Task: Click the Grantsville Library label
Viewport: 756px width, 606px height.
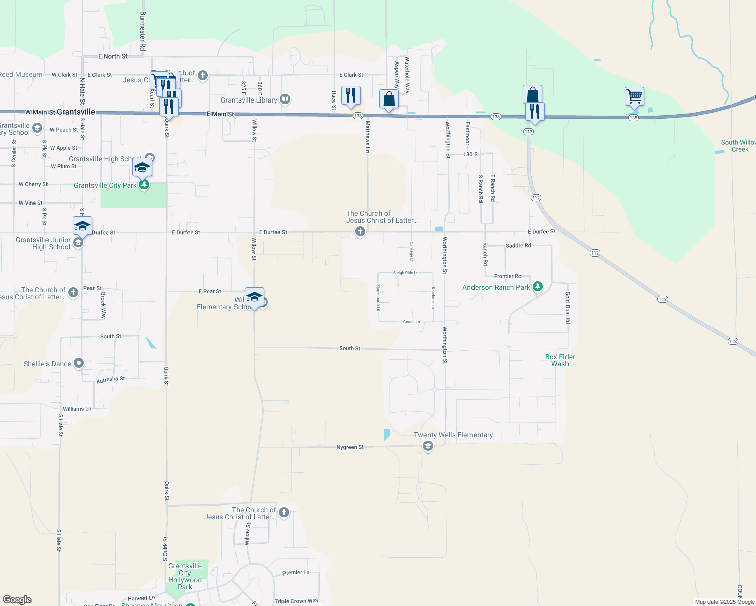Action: (x=249, y=100)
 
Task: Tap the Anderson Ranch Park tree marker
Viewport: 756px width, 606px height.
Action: (x=538, y=287)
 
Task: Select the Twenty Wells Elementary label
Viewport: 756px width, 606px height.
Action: (x=453, y=435)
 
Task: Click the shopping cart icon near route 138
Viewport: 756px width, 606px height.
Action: (x=634, y=95)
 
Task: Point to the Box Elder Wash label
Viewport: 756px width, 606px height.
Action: (x=560, y=360)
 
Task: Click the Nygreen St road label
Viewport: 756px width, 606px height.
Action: (x=350, y=447)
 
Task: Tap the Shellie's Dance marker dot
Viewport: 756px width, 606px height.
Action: (x=79, y=363)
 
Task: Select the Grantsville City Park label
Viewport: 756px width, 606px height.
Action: (x=105, y=185)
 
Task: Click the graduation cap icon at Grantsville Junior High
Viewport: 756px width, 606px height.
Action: (x=82, y=225)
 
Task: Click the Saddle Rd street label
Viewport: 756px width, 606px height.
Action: (x=518, y=246)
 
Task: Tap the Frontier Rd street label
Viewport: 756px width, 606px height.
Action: (x=507, y=276)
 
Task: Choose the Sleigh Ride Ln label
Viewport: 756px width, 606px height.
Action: (x=406, y=273)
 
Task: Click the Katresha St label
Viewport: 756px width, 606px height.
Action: (x=110, y=379)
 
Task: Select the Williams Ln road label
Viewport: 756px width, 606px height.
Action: (x=77, y=409)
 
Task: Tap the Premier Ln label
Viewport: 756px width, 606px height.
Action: (x=296, y=573)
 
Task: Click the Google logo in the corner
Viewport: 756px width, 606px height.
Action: (x=17, y=600)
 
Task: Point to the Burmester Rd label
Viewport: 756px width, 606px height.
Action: (x=143, y=31)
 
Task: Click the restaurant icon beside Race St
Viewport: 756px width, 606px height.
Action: (x=351, y=95)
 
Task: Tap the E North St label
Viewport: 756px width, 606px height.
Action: (x=113, y=56)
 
